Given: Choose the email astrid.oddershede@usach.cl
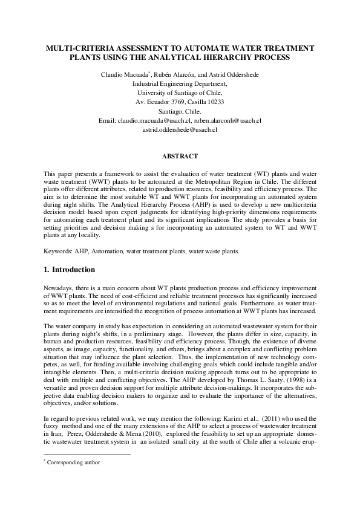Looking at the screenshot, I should point(180,130).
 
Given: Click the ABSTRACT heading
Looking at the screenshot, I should point(180,157).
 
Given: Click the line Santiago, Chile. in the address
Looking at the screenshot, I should point(180,111).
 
